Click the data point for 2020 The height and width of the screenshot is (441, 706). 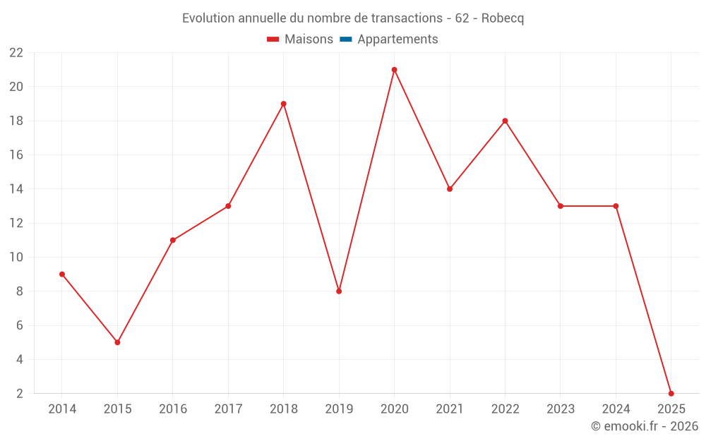point(394,70)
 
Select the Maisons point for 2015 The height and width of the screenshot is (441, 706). point(117,342)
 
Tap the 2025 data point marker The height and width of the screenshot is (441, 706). point(671,393)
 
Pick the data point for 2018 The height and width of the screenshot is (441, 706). point(283,104)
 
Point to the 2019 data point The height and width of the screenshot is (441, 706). point(339,291)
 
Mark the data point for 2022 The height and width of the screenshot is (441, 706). point(505,121)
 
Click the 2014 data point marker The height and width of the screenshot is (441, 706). point(62,274)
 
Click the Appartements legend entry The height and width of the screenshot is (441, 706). point(397,40)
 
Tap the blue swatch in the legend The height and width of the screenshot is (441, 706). point(345,40)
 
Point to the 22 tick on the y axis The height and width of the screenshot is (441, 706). point(16,53)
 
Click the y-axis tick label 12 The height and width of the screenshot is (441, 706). point(16,223)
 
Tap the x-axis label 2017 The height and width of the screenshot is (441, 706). point(228,409)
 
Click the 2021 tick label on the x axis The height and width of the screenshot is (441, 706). point(450,409)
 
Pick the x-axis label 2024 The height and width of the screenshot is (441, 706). point(616,409)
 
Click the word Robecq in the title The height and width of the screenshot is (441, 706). point(502,18)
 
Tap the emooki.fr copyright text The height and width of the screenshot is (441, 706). point(645,426)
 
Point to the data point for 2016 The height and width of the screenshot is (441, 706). point(173,240)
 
